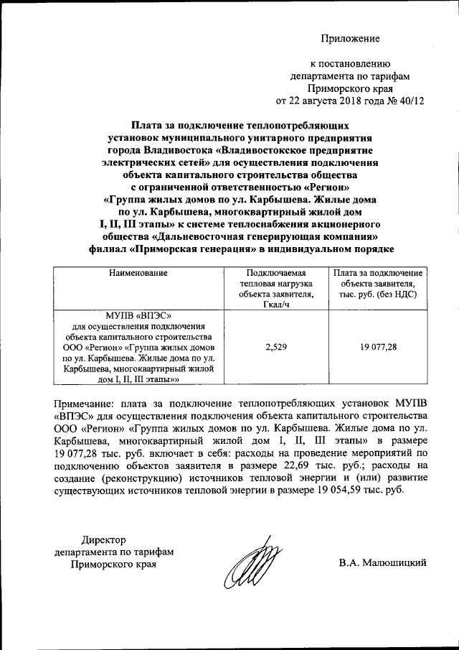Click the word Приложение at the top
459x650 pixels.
(350, 38)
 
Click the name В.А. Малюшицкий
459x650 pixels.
(383, 563)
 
